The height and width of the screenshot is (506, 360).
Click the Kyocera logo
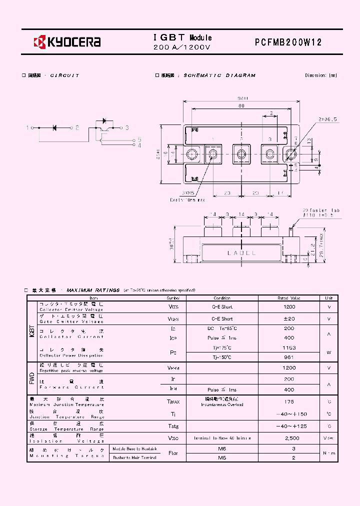67,42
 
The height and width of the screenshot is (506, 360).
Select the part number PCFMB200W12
288,42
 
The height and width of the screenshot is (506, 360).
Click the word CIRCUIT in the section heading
64,75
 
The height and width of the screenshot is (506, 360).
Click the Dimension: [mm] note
320,75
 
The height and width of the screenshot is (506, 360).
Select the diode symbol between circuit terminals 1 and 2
54,128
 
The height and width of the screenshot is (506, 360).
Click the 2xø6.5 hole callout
327,119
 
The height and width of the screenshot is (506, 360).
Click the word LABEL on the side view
241,253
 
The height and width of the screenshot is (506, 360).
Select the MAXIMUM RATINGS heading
93,290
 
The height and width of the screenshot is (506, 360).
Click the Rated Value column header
289,298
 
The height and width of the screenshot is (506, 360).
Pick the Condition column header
222,298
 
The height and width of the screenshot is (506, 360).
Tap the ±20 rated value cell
289,318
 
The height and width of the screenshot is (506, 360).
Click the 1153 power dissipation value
289,347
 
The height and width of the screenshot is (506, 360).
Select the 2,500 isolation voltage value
289,438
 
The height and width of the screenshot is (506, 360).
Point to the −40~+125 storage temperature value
289,426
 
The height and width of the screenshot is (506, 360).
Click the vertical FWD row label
32,377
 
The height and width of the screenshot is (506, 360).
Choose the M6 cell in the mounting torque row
222,449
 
